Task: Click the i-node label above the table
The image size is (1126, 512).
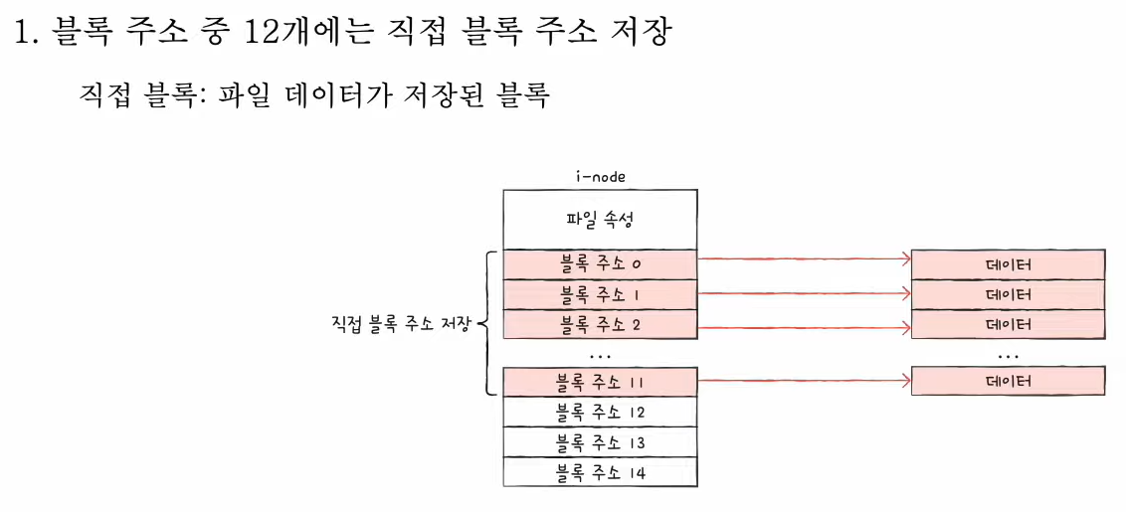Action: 601,177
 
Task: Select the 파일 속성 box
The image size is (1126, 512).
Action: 601,220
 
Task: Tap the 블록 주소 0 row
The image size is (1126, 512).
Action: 601,264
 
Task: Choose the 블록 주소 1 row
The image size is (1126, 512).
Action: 601,294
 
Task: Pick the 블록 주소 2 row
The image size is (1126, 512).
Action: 601,324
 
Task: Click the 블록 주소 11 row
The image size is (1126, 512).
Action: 601,382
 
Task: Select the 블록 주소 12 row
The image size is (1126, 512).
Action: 601,412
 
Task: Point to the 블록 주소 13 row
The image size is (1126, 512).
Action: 601,441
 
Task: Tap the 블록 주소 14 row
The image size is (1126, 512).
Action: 601,472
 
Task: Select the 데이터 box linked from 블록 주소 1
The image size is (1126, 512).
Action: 1008,295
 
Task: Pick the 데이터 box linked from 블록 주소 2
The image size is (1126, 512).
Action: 1008,325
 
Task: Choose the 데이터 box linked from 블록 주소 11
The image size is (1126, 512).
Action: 1008,381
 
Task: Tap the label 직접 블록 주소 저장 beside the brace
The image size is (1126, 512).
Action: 397,324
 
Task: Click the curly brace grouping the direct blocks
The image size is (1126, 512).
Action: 488,324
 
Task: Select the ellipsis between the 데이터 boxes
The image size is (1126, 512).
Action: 1008,354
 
